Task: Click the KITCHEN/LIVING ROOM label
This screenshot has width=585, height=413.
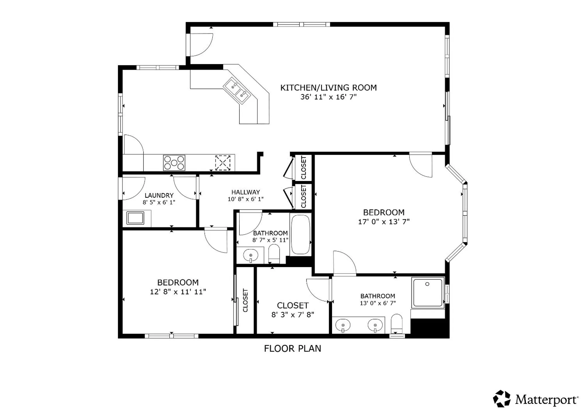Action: coord(328,88)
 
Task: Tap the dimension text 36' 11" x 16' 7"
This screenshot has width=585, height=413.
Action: coord(328,97)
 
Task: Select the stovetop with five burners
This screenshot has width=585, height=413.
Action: coord(174,163)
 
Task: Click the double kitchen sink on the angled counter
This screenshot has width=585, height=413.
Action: coord(237,90)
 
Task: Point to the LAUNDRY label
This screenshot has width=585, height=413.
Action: coord(159,195)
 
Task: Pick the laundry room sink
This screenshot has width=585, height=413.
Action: coord(135,218)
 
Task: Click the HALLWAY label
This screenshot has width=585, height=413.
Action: coord(246,192)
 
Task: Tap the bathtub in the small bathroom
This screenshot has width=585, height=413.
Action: coord(300,234)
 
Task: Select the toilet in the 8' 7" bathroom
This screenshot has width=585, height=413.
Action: coord(274,254)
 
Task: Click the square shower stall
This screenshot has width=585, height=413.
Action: coord(428,293)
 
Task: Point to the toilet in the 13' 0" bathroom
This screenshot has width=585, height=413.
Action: coord(397,323)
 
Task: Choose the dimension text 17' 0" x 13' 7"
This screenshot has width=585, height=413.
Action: coord(384,222)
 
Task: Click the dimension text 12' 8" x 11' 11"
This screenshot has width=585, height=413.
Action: coord(178,292)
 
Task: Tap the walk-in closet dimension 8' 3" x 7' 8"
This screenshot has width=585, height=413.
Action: coord(293,315)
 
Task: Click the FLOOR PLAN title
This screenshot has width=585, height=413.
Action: coord(292,348)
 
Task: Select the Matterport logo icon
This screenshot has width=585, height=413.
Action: coord(502,399)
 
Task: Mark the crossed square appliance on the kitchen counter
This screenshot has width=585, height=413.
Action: coord(223,163)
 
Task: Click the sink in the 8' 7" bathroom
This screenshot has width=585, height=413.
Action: coord(251,255)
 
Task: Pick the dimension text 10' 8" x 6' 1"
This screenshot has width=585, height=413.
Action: coord(246,199)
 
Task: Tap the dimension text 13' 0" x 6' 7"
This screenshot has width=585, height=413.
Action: coord(378,303)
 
